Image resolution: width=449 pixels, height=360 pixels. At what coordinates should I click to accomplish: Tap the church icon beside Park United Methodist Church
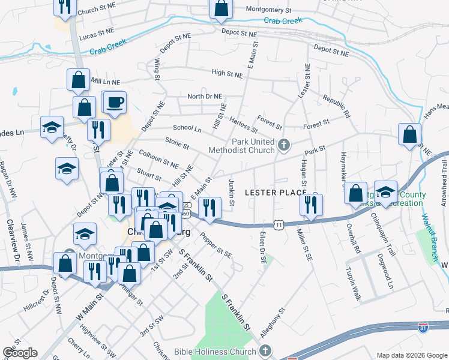[x=284, y=145]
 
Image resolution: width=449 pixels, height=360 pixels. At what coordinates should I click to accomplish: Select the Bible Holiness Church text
[x=216, y=351]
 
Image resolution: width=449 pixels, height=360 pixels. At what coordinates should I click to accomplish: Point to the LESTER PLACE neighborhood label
[x=276, y=192]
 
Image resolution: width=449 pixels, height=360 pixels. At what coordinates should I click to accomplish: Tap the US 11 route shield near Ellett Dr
[x=279, y=224]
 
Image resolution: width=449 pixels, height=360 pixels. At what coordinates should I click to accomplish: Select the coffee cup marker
[x=115, y=102]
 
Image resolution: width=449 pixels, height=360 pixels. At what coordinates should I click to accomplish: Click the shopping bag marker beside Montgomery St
[x=221, y=8]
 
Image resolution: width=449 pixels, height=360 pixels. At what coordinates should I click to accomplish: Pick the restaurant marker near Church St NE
[x=64, y=7]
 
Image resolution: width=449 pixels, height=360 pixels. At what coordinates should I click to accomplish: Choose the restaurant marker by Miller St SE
[x=312, y=205]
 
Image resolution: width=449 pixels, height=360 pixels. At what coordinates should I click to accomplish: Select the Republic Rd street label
[x=336, y=106]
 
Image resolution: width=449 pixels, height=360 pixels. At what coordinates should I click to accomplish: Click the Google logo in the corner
[x=20, y=353]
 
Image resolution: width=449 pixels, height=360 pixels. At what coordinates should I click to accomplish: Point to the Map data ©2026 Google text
[x=411, y=355]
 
